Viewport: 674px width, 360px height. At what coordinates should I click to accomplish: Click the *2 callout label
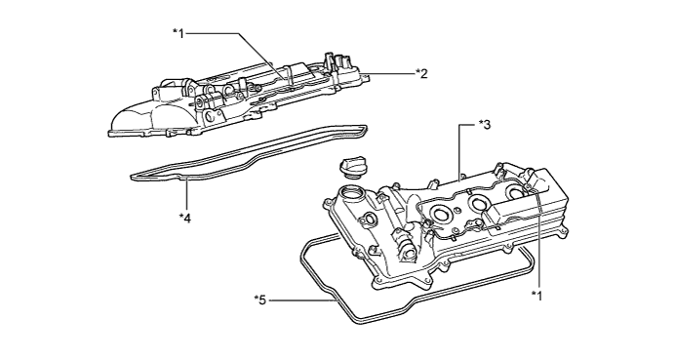point(421,73)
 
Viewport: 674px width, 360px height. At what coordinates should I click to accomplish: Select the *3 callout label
point(485,125)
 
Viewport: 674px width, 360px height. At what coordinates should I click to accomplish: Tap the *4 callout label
point(185,219)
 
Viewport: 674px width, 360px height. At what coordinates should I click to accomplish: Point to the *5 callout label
point(260,300)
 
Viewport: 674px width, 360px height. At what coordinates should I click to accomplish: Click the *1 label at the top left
point(178,33)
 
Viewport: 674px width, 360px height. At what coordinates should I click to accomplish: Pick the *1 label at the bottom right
point(536,296)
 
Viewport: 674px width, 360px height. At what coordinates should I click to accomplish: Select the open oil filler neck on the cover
point(351,195)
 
